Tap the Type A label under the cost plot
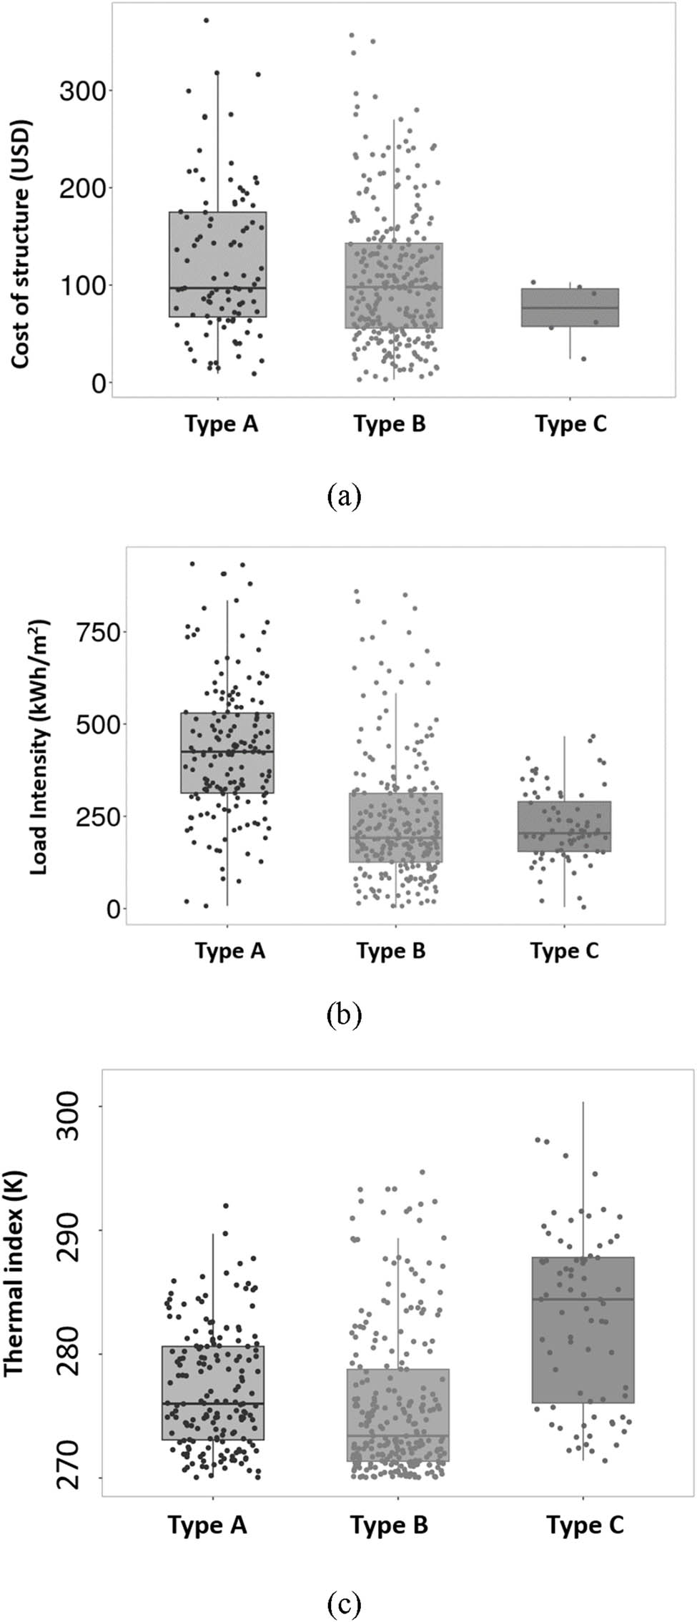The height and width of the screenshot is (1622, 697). (x=222, y=424)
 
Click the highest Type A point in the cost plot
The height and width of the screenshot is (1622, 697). (x=206, y=21)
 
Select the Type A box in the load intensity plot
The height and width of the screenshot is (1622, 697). (x=227, y=753)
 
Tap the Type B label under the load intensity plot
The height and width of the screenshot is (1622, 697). (x=391, y=951)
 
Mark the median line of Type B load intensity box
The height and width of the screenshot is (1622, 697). (x=395, y=837)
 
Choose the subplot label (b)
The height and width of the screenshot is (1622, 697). (x=344, y=1014)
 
